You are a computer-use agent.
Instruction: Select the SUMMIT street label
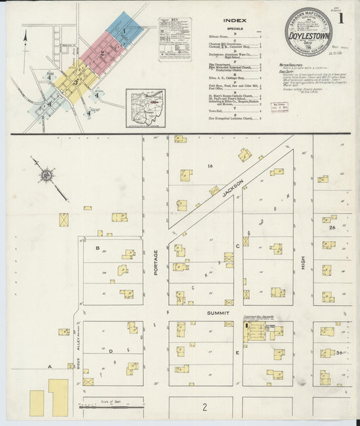[x=218, y=313]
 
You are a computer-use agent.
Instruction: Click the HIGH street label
[x=304, y=259]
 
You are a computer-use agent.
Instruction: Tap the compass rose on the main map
[x=46, y=176]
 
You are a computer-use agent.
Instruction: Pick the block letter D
[x=111, y=352]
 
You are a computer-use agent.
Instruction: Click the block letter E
[x=237, y=352]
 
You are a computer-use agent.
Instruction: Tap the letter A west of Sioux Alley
[x=49, y=366]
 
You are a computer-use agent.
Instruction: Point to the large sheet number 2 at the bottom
[x=204, y=406]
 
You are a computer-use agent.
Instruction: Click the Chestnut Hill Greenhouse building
[x=255, y=331]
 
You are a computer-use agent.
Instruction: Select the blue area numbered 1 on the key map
[x=124, y=30]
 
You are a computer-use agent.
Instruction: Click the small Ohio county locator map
[x=145, y=107]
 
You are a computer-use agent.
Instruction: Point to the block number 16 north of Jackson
[x=210, y=165]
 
